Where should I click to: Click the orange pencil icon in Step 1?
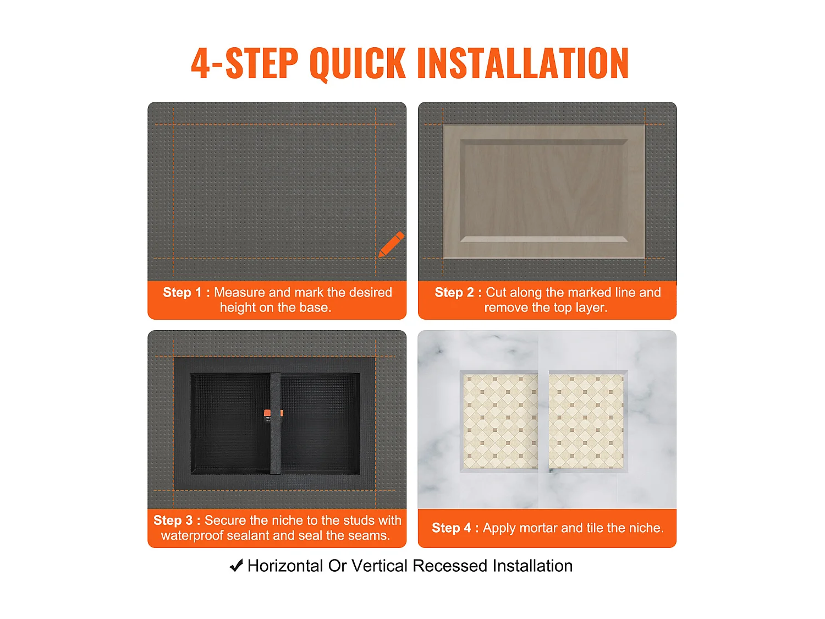391,244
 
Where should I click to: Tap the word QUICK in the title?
357,63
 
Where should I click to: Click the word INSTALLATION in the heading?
523,63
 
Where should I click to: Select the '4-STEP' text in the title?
245,63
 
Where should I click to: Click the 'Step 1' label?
182,292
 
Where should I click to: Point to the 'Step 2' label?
454,292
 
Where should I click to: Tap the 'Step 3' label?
173,520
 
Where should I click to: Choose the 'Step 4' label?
451,528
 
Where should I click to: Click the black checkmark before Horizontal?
236,565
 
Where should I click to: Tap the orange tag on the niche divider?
273,413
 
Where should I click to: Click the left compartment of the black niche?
230,423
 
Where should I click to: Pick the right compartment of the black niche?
320,423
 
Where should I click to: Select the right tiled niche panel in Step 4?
588,421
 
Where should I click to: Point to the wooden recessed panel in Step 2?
544,191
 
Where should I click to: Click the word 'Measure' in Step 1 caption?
239,292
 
